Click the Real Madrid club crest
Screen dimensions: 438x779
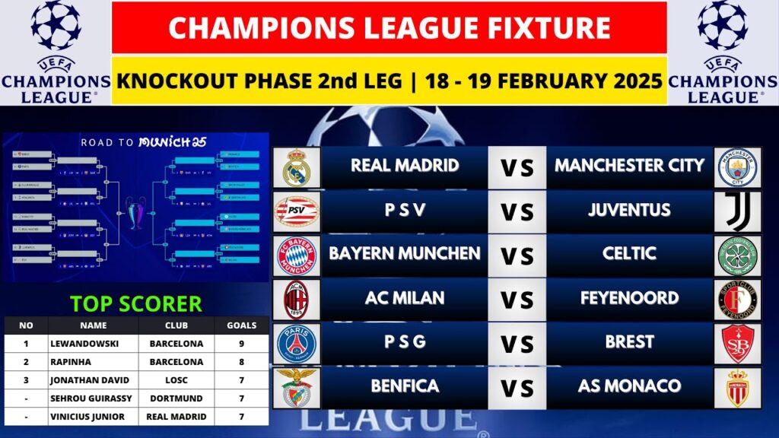(x=295, y=167)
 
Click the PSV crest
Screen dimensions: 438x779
(x=295, y=211)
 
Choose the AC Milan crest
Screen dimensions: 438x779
(x=295, y=299)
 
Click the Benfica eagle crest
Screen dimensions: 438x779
(x=295, y=386)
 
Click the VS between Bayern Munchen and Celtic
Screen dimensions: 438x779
(x=517, y=255)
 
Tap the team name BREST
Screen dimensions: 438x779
(x=629, y=342)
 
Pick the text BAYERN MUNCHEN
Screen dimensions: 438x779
(x=404, y=254)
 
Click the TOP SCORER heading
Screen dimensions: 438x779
(x=136, y=303)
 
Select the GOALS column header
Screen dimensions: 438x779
(x=241, y=325)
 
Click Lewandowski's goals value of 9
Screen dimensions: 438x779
(x=241, y=344)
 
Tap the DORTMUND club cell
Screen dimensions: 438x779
(x=176, y=398)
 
